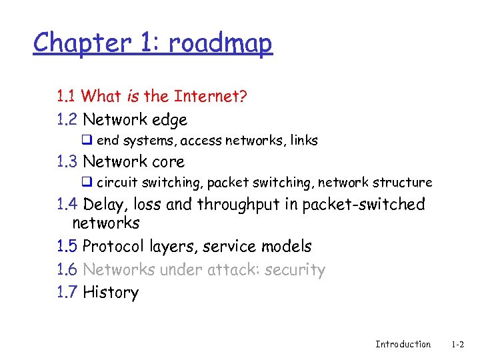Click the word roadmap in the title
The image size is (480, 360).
click(x=220, y=43)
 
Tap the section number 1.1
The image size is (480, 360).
click(x=66, y=97)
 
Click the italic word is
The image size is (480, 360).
click(x=132, y=97)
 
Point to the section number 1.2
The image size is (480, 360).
click(x=67, y=120)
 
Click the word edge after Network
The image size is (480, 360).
click(x=170, y=120)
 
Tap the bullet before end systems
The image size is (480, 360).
click(x=86, y=141)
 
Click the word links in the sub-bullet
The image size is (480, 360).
click(x=303, y=141)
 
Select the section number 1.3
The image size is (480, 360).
click(x=67, y=161)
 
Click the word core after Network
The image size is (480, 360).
click(x=169, y=161)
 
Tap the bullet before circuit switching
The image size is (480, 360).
click(x=86, y=182)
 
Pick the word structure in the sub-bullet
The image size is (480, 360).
click(x=403, y=182)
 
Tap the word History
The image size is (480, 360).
click(x=111, y=293)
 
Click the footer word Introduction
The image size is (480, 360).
click(x=403, y=344)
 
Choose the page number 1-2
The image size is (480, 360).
click(x=457, y=344)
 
